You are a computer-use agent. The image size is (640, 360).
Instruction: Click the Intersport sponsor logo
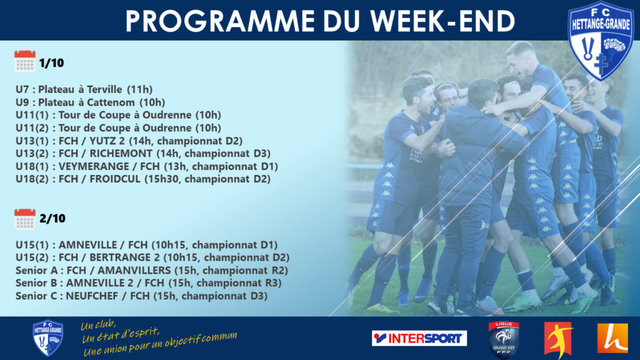pyautogui.click(x=419, y=338)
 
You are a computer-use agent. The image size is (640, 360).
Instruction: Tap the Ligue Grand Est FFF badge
pyautogui.click(x=504, y=339)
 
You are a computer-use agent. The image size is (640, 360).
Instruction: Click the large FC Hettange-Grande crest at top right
pyautogui.click(x=601, y=41)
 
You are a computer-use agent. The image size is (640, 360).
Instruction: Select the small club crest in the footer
pyautogui.click(x=47, y=337)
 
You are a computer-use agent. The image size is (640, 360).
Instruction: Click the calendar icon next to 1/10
pyautogui.click(x=25, y=61)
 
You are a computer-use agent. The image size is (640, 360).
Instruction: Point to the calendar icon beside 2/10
pyautogui.click(x=25, y=219)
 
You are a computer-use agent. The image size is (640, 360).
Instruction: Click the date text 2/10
pyautogui.click(x=52, y=219)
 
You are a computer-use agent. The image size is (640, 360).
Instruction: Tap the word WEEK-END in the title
pyautogui.click(x=442, y=21)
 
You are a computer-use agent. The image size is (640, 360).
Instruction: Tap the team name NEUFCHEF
pyautogui.click(x=92, y=296)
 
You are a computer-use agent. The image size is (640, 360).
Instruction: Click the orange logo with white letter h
pyautogui.click(x=612, y=338)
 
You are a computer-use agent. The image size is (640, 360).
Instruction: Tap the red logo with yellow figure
pyautogui.click(x=558, y=339)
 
